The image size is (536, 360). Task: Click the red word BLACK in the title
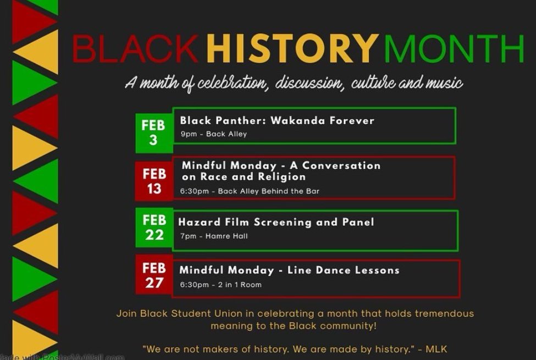[135, 49]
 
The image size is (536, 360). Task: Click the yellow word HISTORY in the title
[293, 49]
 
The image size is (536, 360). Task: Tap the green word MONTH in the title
[454, 49]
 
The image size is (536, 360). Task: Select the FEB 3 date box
[153, 132]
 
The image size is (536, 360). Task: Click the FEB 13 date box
[153, 181]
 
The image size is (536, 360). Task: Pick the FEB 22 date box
[154, 228]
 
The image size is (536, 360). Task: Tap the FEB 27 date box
[154, 276]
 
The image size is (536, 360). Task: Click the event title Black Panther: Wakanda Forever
[277, 120]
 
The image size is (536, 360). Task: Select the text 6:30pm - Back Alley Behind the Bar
[250, 191]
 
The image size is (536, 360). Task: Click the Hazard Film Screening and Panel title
[276, 222]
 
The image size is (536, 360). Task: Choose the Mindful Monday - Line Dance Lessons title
[289, 270]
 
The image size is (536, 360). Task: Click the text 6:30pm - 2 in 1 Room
[220, 285]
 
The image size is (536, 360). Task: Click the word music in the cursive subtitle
[444, 84]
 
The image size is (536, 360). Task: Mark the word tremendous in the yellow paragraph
[444, 314]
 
